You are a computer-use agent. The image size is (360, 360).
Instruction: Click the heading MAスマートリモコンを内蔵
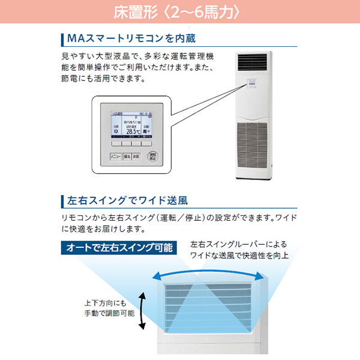[x=132, y=38]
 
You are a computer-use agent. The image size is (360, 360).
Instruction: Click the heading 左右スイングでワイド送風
[x=126, y=200]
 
